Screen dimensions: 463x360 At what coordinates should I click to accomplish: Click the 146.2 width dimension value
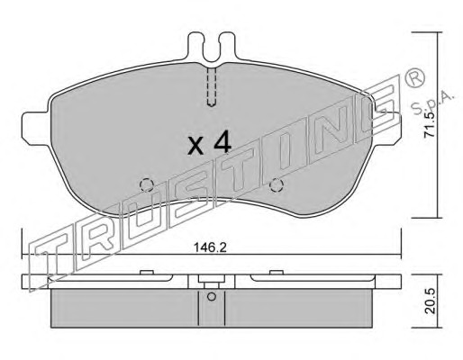(x=210, y=247)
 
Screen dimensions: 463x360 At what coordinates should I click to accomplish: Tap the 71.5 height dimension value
(x=430, y=124)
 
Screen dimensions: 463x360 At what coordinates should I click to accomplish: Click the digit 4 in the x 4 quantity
(x=222, y=143)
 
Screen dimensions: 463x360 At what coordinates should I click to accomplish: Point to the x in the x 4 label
(x=195, y=147)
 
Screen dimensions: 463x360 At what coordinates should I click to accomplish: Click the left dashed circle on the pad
(x=147, y=185)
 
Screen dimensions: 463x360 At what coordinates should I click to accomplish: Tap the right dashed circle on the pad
(x=277, y=185)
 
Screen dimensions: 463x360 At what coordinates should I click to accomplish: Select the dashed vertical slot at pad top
(x=212, y=86)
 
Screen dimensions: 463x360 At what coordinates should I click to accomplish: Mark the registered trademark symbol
(x=414, y=77)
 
